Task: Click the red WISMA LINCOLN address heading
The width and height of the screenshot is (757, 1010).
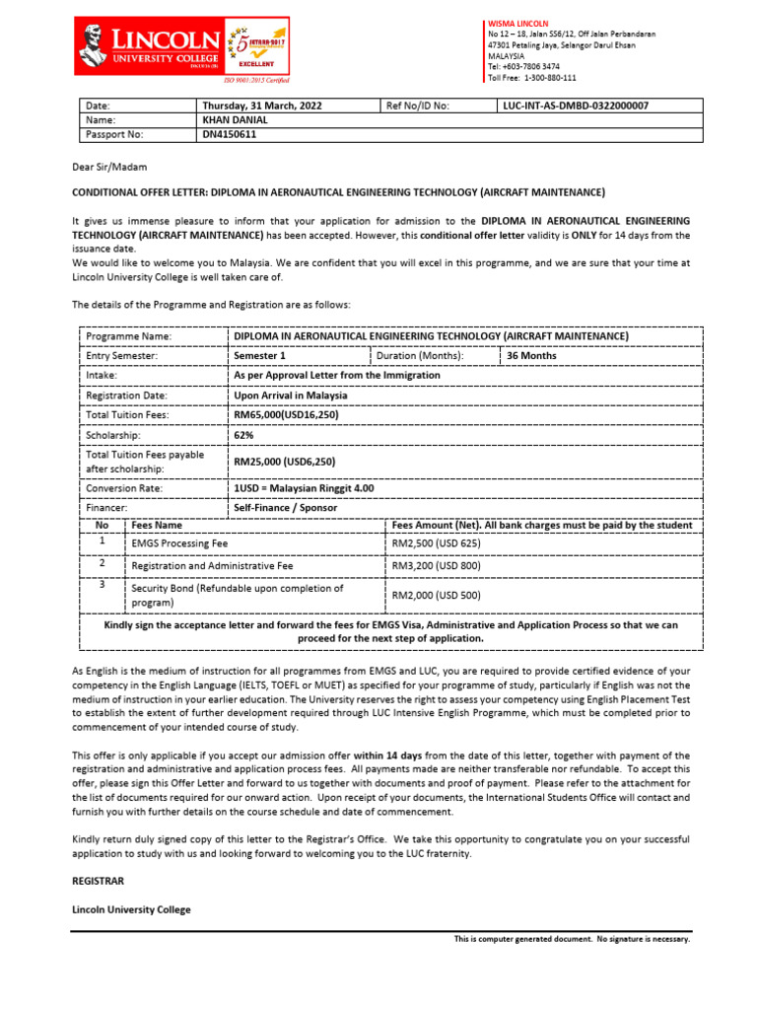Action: click(518, 23)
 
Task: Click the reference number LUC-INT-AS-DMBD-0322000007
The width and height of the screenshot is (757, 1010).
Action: click(576, 106)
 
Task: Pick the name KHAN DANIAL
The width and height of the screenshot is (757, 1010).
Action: click(235, 119)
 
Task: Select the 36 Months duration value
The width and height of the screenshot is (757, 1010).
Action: click(531, 356)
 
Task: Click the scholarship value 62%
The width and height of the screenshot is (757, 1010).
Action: click(243, 434)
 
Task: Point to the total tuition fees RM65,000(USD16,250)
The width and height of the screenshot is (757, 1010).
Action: click(285, 415)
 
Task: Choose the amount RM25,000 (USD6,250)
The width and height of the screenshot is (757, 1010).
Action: click(284, 461)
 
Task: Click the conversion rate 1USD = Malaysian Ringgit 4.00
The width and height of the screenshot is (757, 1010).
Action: click(304, 488)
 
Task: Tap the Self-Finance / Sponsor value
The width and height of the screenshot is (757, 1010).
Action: click(285, 507)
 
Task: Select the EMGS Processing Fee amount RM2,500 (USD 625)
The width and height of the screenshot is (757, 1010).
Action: click(436, 543)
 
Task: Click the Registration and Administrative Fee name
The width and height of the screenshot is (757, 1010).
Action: click(212, 567)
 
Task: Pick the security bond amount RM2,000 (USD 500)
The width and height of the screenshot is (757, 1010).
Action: click(436, 596)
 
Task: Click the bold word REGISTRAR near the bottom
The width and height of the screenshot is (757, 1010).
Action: click(99, 879)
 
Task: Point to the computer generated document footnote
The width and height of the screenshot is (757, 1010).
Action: click(572, 939)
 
